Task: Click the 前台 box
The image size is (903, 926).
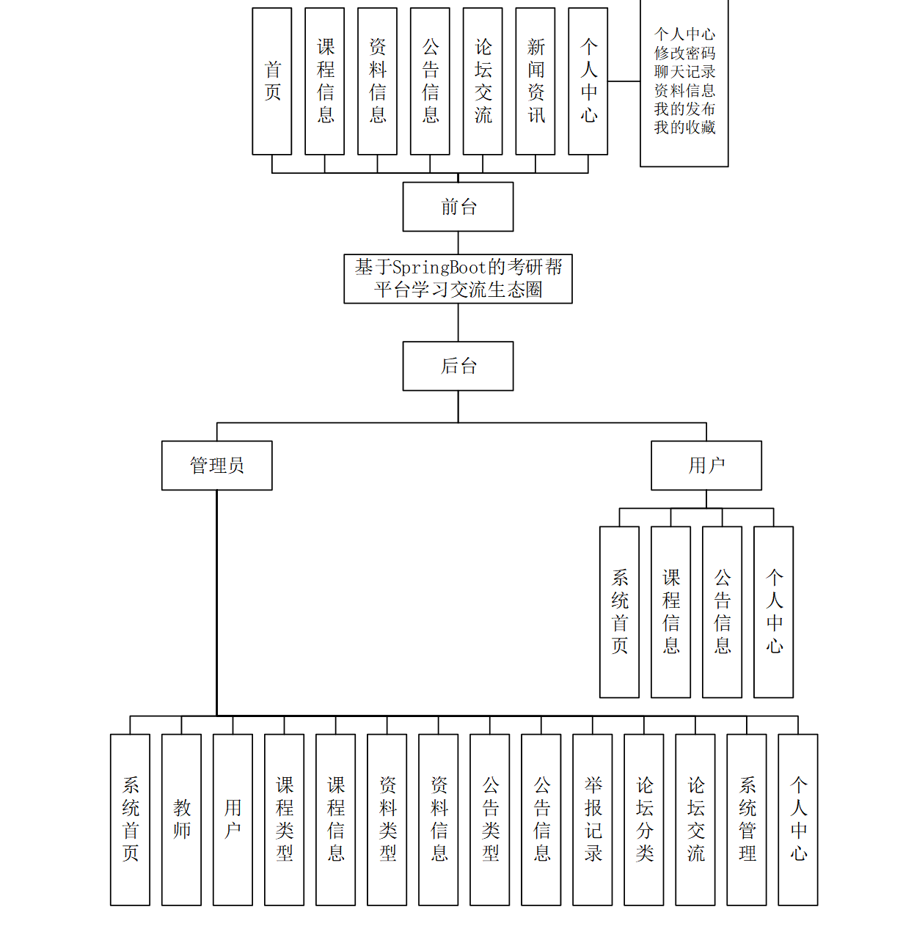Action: point(458,207)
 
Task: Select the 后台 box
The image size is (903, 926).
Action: point(458,366)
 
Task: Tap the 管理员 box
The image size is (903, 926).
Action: point(216,466)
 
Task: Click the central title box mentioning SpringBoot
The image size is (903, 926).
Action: point(458,279)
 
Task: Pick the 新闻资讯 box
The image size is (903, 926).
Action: point(535,81)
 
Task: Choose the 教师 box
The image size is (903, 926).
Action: point(181,820)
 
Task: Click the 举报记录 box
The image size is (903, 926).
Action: point(593,820)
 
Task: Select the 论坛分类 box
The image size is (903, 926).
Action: point(644,820)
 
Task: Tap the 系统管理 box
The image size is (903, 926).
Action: point(747,820)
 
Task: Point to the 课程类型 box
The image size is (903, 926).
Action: point(284,820)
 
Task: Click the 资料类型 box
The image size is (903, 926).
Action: point(387,820)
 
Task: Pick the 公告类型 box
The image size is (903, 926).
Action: point(490,820)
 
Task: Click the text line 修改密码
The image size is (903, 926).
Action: point(684,53)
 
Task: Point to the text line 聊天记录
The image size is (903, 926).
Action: point(684,72)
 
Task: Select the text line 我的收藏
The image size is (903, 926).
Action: point(684,128)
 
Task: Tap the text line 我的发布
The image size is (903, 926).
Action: point(684,109)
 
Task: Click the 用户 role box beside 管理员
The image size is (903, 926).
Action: point(706,466)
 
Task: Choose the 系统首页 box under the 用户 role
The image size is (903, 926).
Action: point(619,612)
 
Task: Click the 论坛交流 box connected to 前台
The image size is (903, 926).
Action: point(483,81)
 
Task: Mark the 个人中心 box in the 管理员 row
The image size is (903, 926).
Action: point(798,820)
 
